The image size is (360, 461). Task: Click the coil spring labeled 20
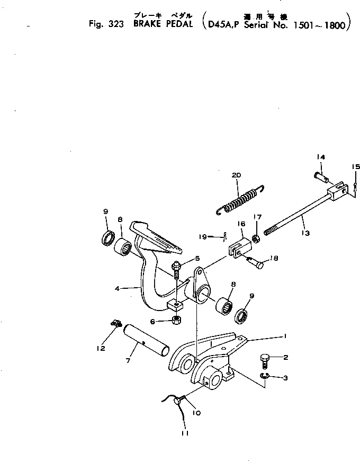tap(240, 200)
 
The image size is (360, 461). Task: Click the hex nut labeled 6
tap(176, 320)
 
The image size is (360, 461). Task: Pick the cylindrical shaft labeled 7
tap(145, 345)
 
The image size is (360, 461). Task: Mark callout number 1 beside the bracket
tap(284, 335)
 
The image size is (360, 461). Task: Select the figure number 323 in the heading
tap(115, 26)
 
